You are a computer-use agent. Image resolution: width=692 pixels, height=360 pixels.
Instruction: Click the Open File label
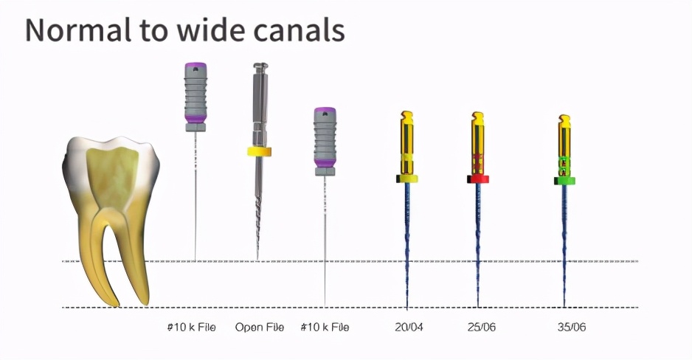coord(259,327)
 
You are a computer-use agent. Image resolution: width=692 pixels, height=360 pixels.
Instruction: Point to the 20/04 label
coord(409,327)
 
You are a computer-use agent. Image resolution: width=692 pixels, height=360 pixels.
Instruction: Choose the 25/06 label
coord(482,327)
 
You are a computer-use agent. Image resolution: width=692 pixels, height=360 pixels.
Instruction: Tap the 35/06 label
coord(571,327)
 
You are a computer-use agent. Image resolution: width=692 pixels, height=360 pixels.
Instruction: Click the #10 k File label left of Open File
coord(191,327)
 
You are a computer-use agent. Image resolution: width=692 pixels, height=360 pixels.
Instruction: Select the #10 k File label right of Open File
coord(325,327)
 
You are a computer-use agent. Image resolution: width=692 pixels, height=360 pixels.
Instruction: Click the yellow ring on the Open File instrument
coord(259,152)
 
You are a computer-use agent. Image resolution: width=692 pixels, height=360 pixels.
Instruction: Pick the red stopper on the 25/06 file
coord(478,179)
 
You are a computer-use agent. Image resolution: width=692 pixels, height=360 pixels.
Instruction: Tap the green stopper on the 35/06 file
coord(564,179)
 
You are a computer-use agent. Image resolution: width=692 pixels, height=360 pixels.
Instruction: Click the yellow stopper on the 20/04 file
coord(406,179)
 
